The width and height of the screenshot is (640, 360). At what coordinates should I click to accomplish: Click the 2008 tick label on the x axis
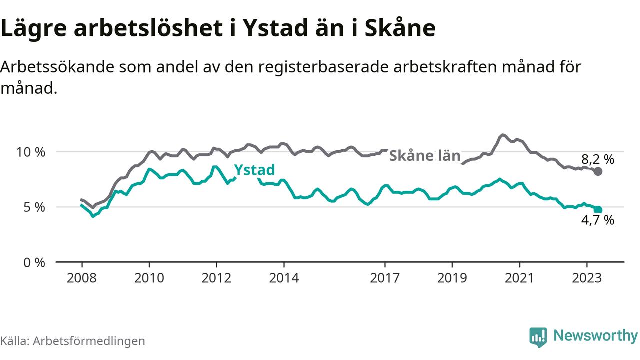[81, 278]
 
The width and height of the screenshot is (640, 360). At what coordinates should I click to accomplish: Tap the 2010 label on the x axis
[149, 278]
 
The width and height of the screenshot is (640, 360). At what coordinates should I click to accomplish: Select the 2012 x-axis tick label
[216, 278]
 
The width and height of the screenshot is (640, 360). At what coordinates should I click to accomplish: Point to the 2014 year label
[284, 278]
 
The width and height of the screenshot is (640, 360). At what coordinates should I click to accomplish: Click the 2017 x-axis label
[385, 278]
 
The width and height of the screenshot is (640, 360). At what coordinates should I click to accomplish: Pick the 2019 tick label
[452, 278]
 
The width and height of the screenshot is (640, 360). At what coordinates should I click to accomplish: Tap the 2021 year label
[520, 278]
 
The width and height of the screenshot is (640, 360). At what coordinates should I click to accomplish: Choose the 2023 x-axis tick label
[587, 278]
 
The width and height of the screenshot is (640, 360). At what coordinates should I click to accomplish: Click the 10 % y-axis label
[30, 152]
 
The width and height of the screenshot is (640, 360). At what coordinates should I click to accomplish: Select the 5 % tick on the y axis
[34, 207]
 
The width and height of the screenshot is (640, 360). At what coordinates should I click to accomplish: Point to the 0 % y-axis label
[34, 262]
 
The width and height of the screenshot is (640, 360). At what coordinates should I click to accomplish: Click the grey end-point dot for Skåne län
[598, 171]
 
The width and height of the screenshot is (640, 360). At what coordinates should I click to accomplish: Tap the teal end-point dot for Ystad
[598, 210]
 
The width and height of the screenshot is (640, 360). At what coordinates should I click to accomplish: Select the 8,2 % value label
[597, 160]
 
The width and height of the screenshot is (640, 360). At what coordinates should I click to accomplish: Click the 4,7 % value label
[597, 220]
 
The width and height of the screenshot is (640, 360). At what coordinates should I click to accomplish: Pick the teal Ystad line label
[254, 170]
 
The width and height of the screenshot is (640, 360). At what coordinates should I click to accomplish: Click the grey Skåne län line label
[424, 156]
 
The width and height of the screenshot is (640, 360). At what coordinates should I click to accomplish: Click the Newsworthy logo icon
[538, 337]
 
